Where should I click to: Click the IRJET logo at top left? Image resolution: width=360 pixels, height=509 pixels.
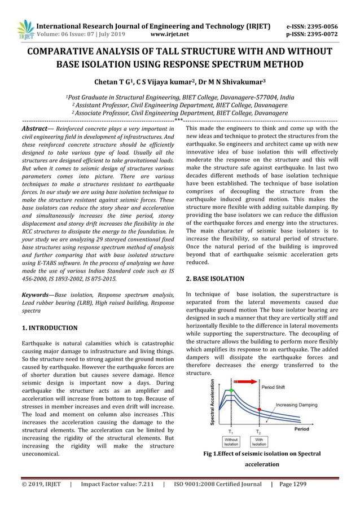pyautogui.click(x=26, y=29)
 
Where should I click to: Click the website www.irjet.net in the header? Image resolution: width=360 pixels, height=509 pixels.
pyautogui.click(x=170, y=34)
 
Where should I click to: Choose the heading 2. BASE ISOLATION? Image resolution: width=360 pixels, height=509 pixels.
pyautogui.click(x=215, y=279)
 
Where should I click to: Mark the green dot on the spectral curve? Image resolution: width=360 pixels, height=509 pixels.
pyautogui.click(x=231, y=390)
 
